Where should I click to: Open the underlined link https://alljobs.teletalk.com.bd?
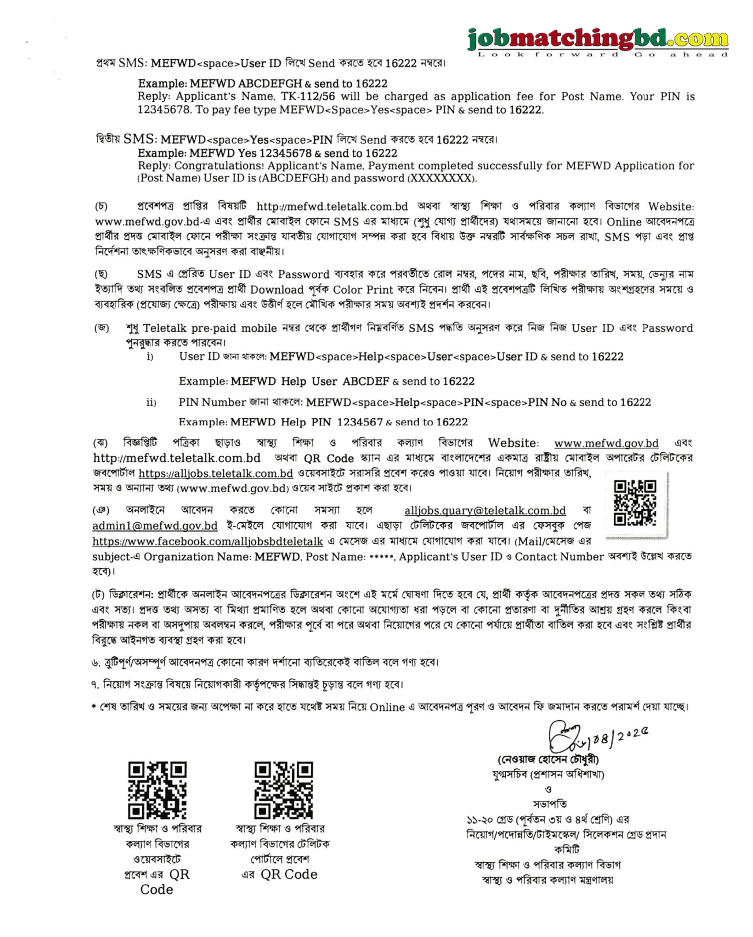tap(216, 473)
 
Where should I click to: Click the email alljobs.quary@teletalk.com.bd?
tap(485, 511)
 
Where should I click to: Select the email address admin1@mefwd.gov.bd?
tap(155, 526)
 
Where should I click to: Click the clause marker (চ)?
tap(101, 206)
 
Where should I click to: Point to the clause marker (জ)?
tap(101, 328)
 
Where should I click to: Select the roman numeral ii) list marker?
tap(151, 403)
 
